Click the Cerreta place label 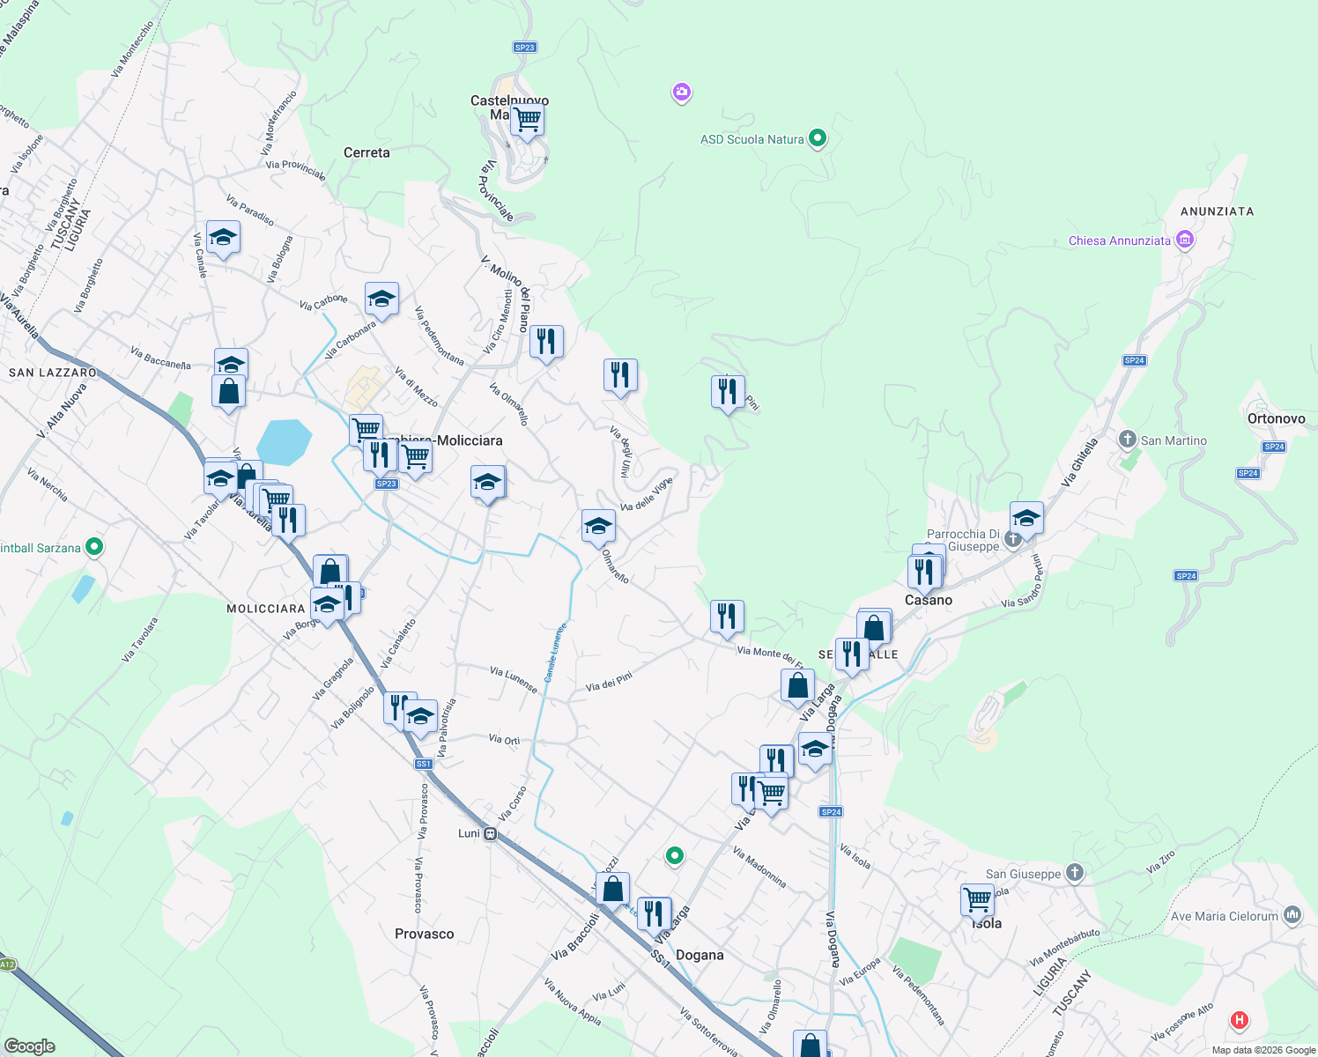tap(367, 152)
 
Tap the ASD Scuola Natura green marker tap(817, 138)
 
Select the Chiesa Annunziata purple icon tap(1185, 240)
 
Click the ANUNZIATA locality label tap(1217, 211)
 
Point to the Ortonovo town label tap(1276, 418)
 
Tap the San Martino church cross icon tap(1127, 440)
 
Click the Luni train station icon tap(490, 833)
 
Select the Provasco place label tap(425, 934)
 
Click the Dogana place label tap(700, 955)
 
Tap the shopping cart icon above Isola tap(977, 899)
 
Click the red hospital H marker tap(1240, 1021)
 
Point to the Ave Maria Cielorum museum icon tap(1292, 915)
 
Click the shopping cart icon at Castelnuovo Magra tap(527, 118)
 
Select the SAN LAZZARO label tap(53, 373)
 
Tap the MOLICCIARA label tap(266, 609)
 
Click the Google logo tap(30, 1046)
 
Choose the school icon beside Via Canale tap(223, 237)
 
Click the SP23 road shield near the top tap(524, 48)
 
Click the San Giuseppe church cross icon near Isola tap(1074, 873)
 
